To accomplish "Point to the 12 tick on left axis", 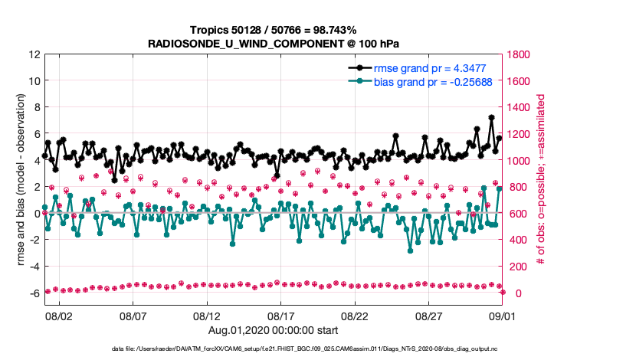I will pos(34,55).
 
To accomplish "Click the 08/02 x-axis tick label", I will pos(60,316).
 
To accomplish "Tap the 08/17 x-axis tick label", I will pos(281,316).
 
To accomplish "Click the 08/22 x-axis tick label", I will pos(355,316).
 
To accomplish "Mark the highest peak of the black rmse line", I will pos(491,118).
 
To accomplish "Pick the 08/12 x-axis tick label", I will pos(207,316).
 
